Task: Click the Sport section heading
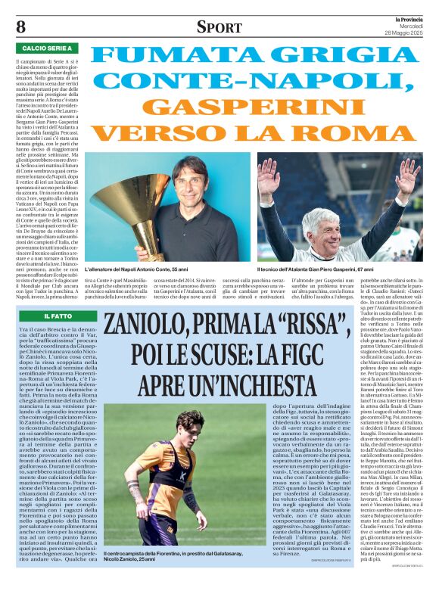(x=219, y=27)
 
